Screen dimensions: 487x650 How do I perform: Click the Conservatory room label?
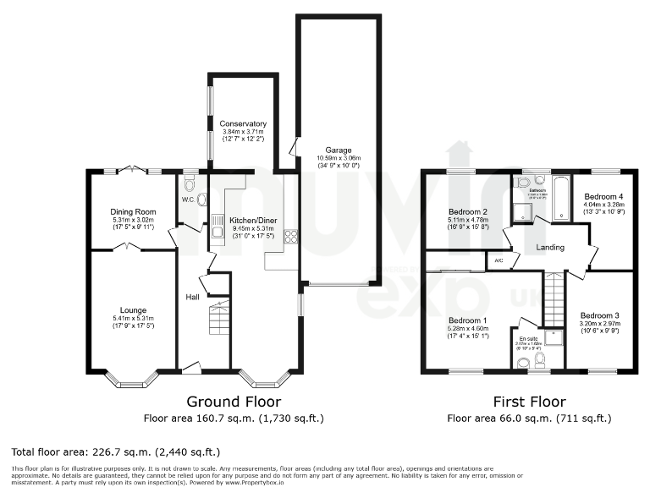pos(243,123)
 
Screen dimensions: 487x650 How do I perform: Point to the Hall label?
pos(192,297)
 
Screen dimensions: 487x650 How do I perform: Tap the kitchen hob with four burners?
pos(291,237)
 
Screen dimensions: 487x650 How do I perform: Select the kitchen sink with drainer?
pos(218,228)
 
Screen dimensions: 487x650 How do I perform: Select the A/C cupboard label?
pos(499,261)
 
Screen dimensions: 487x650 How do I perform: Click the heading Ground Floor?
pos(234,402)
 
